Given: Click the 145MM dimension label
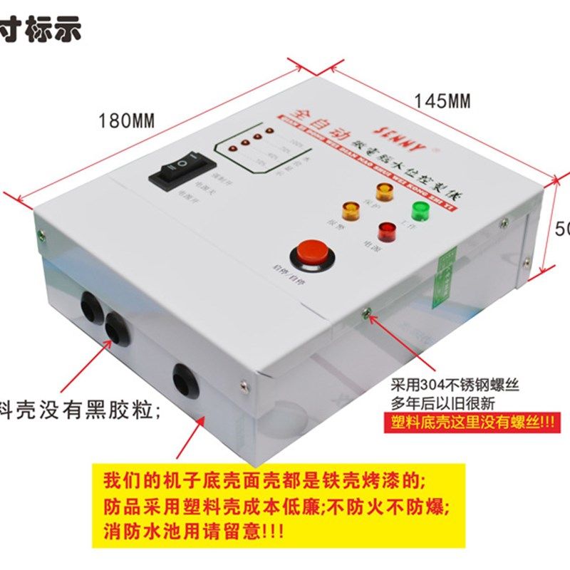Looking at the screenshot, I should tap(442, 101).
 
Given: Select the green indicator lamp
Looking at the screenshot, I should tap(418, 212).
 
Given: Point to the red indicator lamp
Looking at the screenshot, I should tap(385, 231).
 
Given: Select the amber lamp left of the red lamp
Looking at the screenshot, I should tap(351, 209).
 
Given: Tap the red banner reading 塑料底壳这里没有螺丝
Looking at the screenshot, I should tap(474, 421).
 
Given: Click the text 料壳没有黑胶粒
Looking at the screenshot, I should tap(78, 410).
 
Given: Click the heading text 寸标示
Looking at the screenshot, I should tap(41, 29).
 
